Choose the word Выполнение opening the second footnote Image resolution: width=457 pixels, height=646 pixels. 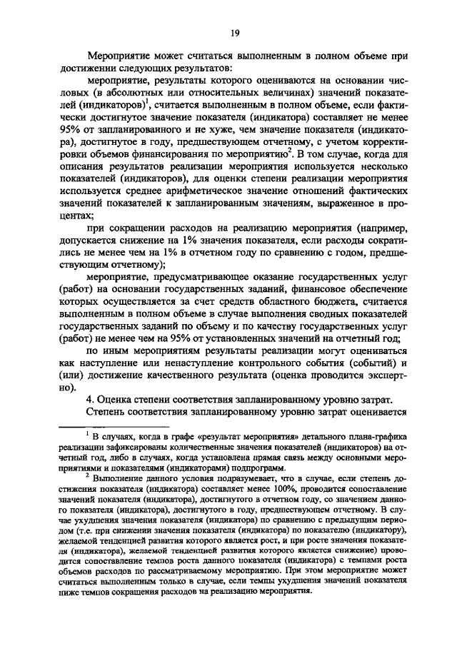[x=119, y=480]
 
